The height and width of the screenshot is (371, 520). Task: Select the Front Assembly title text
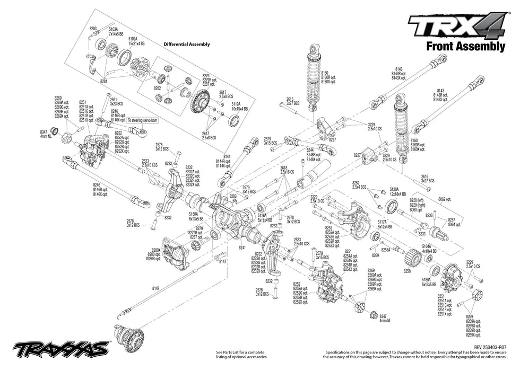465,47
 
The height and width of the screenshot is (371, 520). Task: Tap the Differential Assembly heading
186,45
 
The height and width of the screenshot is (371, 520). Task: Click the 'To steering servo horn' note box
143,121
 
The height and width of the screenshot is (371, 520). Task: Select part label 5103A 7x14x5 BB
116,31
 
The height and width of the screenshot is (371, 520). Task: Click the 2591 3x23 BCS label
116,101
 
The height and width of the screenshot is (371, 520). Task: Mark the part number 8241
242,247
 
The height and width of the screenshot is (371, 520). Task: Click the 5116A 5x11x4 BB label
265,218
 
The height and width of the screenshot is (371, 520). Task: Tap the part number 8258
407,271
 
